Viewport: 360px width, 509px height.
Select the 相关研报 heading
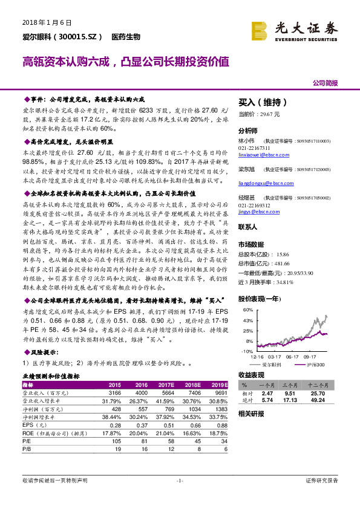251,414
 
